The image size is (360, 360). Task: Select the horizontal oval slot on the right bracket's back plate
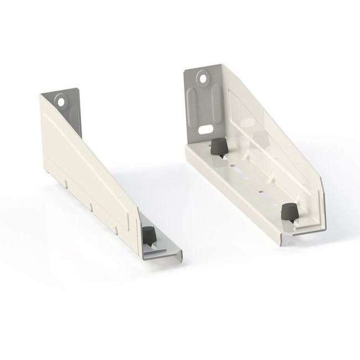point(205,128)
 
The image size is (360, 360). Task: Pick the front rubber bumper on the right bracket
point(288,212)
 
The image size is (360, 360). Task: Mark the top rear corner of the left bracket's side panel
point(41,95)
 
